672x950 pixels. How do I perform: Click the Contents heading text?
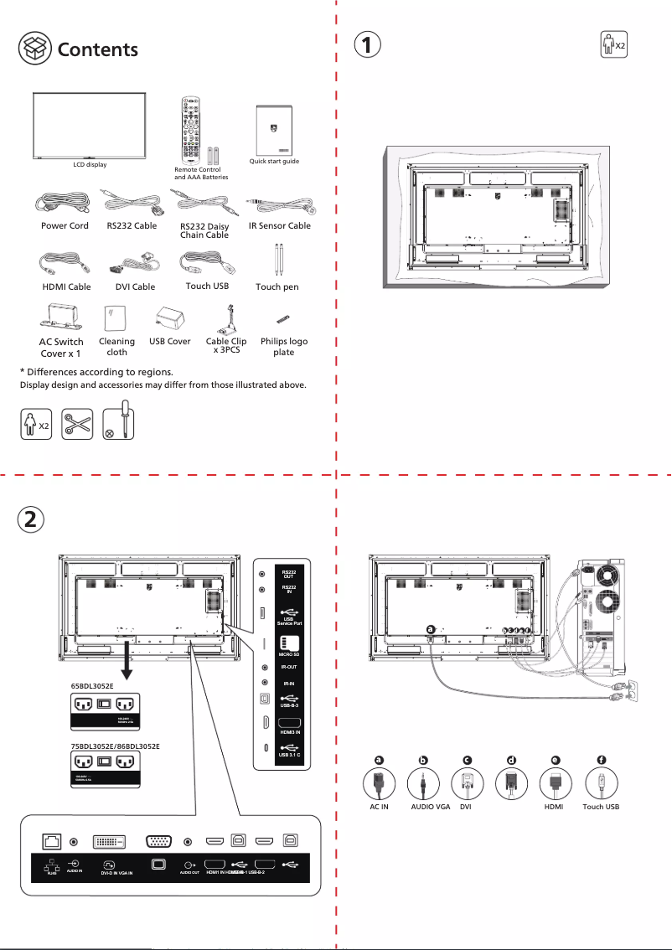(97, 49)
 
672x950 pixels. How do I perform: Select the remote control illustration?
(189, 129)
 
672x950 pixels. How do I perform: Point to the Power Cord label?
(65, 225)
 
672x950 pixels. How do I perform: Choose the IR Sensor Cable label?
(279, 225)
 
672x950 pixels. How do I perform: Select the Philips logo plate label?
(284, 347)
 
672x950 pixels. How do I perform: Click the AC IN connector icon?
(379, 785)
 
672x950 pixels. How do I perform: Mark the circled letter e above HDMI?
(555, 760)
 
